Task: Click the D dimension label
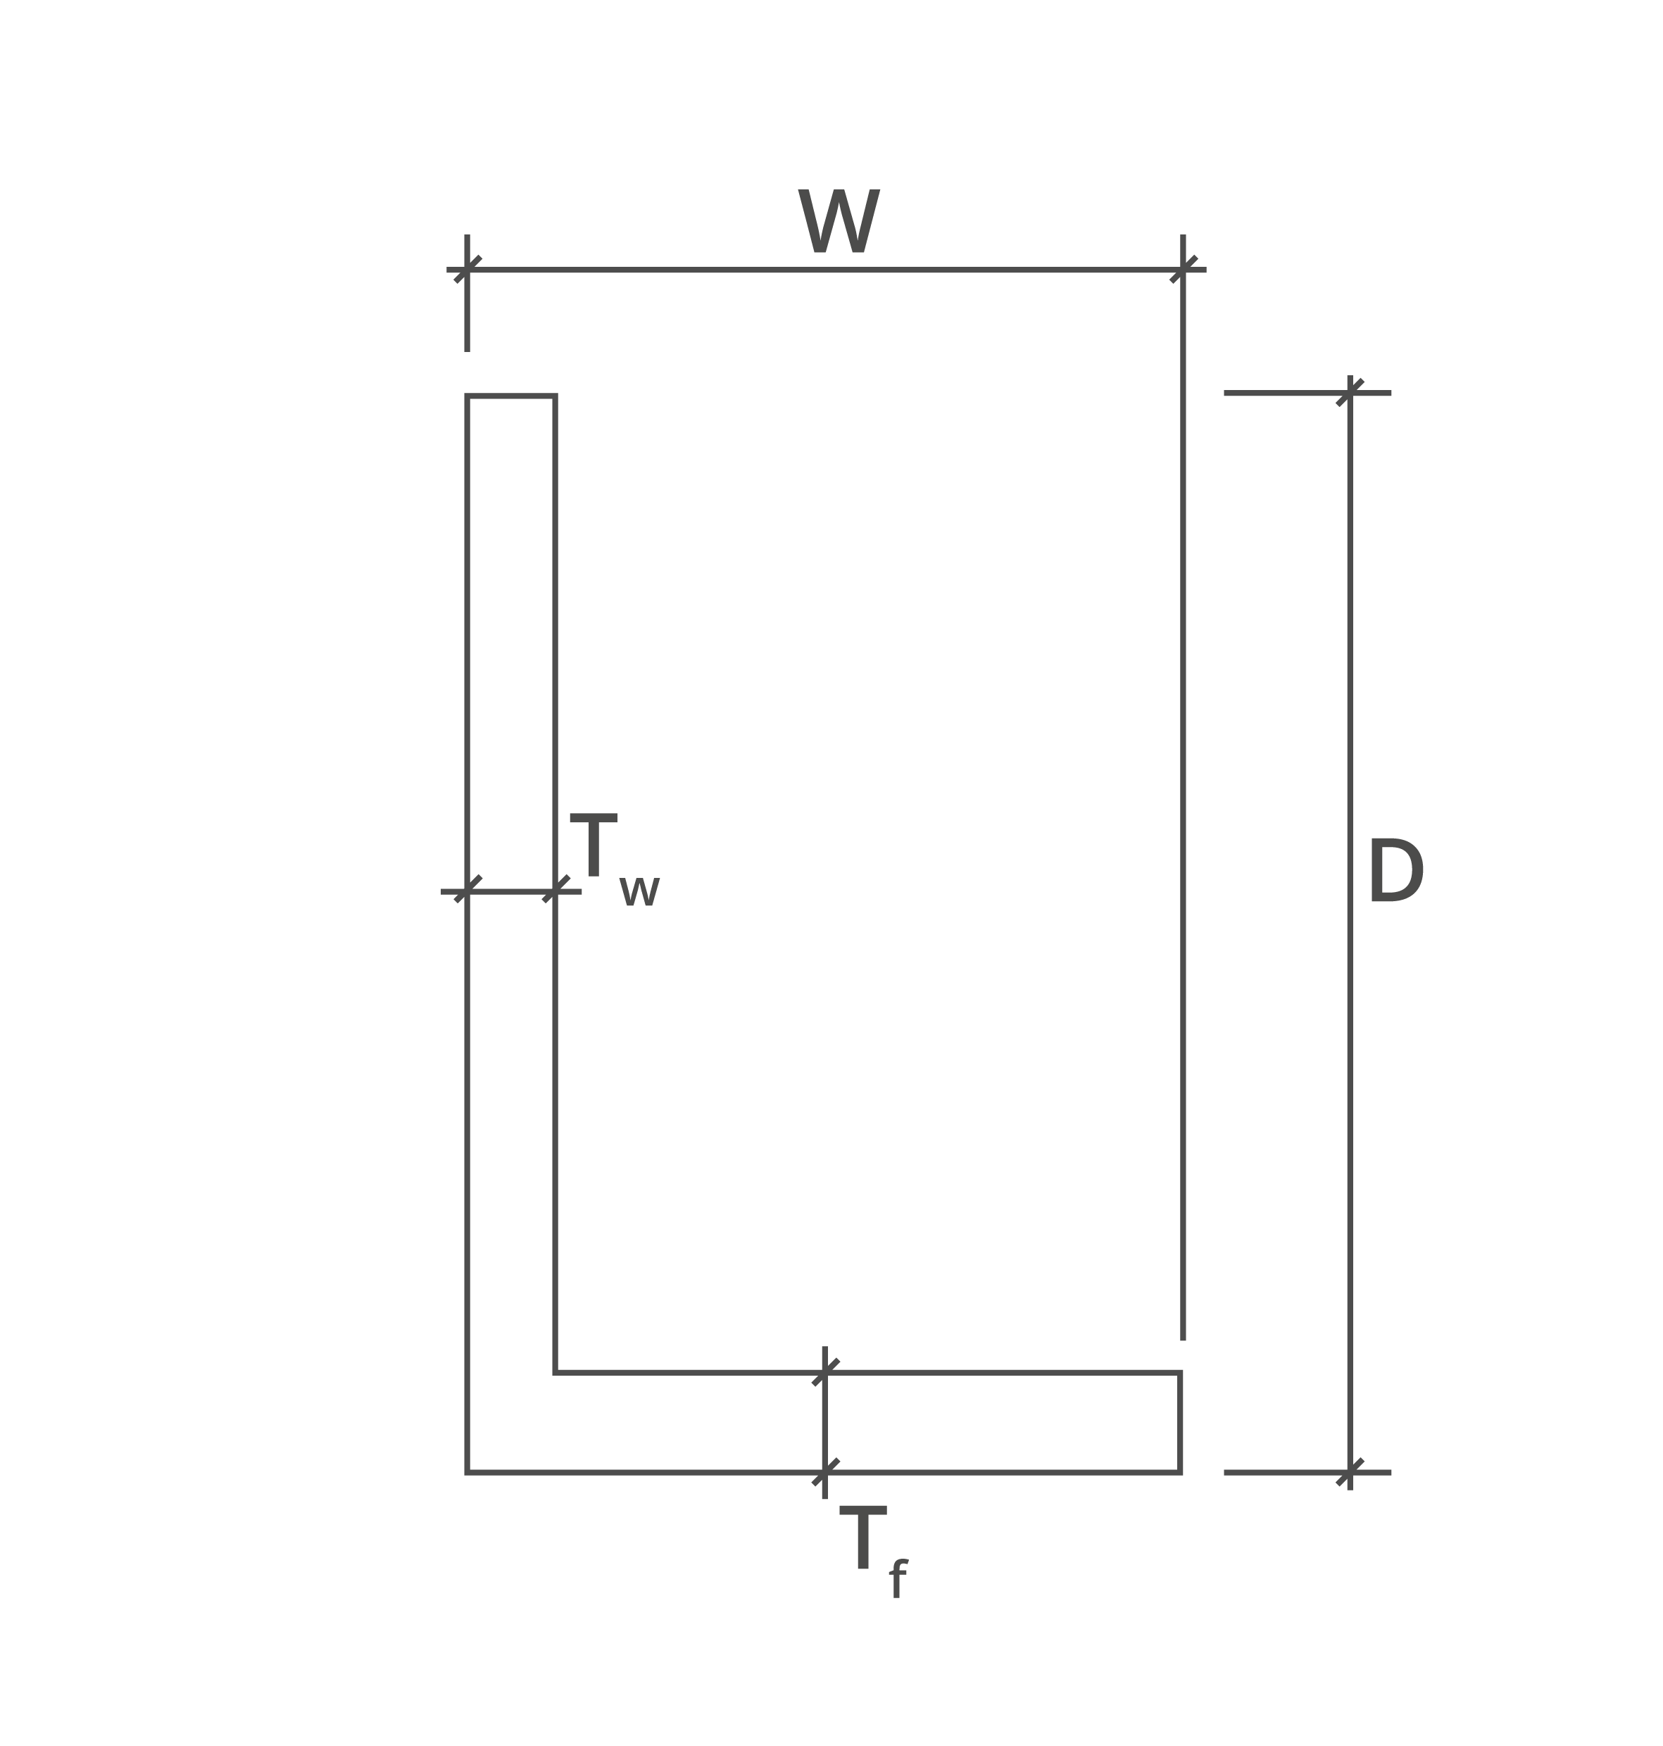click(1395, 870)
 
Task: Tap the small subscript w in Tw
click(639, 891)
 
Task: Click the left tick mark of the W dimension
click(467, 270)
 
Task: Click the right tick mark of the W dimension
click(1184, 270)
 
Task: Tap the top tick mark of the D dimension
click(1350, 393)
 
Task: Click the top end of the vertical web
click(511, 396)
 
